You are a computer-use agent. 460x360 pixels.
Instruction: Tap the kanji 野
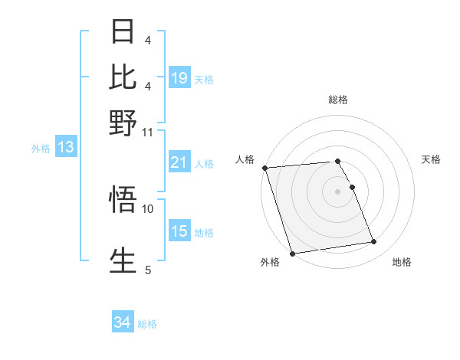[123, 121]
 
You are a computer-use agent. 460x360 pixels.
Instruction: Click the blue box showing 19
[179, 78]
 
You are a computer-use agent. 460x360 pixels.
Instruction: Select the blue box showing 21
[179, 163]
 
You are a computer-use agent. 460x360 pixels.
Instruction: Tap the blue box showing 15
[179, 232]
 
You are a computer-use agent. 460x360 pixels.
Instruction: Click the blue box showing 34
[122, 323]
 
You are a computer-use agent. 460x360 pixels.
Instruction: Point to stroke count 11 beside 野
[147, 131]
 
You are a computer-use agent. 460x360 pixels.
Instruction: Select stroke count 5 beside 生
[148, 270]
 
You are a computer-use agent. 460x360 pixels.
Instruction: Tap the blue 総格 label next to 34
[147, 324]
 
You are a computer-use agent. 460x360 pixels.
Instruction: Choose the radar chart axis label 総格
[337, 100]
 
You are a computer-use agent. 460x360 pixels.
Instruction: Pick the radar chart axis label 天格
[431, 159]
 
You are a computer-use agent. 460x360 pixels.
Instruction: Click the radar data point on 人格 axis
[264, 168]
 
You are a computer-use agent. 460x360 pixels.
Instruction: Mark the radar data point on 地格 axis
[373, 242]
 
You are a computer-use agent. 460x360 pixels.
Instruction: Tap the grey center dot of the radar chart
[337, 191]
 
